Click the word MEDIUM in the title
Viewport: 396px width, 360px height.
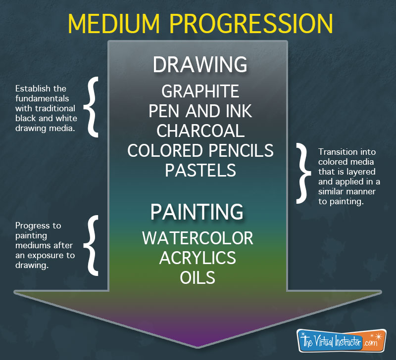(x=114, y=24)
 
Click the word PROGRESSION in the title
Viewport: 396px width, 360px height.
(x=251, y=24)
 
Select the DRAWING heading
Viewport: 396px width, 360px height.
(x=200, y=65)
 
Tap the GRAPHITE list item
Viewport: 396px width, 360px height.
(x=200, y=91)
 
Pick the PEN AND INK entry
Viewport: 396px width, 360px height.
(x=200, y=111)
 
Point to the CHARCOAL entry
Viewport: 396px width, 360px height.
(x=200, y=131)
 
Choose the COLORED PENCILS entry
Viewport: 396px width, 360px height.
(x=200, y=151)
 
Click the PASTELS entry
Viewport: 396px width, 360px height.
(x=200, y=170)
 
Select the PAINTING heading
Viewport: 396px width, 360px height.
(x=197, y=212)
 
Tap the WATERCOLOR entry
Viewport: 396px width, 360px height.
(x=198, y=238)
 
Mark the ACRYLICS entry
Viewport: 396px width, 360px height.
(x=198, y=258)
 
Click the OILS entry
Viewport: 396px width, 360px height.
(x=198, y=277)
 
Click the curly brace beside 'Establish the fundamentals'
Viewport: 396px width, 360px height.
(x=92, y=107)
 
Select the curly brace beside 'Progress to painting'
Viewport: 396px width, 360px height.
(x=92, y=245)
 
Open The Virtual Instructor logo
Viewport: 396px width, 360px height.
(x=342, y=341)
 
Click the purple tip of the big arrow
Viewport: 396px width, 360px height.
(x=198, y=347)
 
